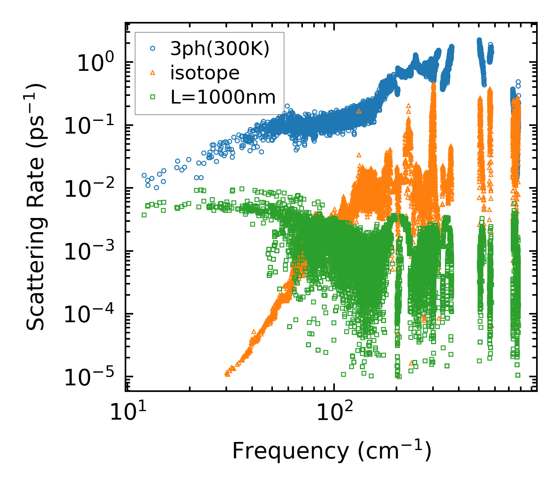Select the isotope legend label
[x=205, y=73]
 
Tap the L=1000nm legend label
[x=223, y=97]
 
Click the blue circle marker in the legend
[x=153, y=49]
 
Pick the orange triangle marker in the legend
[x=153, y=73]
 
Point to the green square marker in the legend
[x=153, y=97]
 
